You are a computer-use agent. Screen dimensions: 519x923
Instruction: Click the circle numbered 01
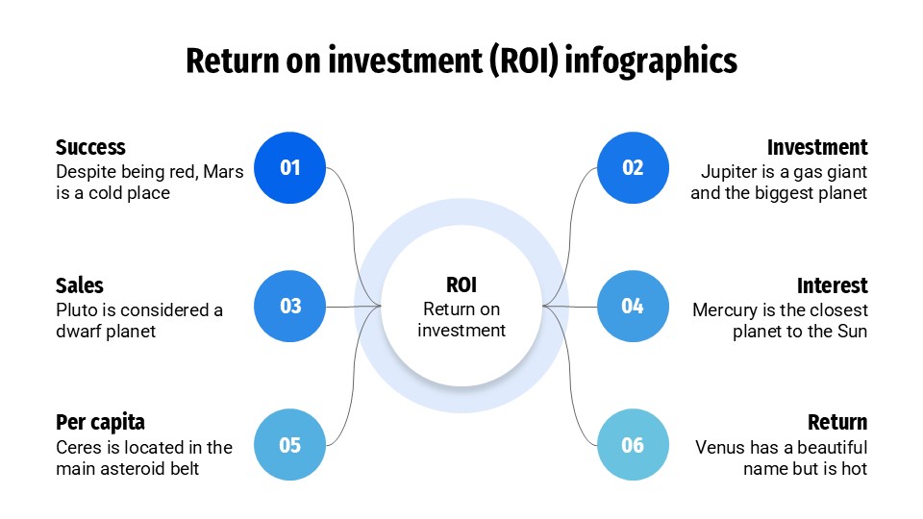pos(290,168)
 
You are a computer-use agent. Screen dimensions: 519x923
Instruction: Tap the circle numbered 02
pos(633,168)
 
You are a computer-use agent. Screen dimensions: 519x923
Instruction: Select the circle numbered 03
pos(290,307)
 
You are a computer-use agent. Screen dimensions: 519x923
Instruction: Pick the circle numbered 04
pos(633,307)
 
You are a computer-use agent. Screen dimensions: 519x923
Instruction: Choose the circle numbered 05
pos(290,445)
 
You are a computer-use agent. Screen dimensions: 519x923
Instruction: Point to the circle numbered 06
pos(633,445)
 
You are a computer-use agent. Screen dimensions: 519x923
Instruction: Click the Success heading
pos(90,147)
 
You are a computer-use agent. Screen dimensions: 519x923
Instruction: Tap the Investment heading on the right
pos(817,147)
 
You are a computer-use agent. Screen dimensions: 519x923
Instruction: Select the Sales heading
pos(79,285)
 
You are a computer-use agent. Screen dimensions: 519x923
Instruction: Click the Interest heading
pos(832,285)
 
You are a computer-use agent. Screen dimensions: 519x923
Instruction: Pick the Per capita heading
pos(100,423)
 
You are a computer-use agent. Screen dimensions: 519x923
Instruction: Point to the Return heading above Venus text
pos(836,423)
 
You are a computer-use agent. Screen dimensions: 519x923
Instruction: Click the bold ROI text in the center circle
pos(461,285)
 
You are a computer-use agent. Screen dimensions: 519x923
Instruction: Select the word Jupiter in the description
pos(729,172)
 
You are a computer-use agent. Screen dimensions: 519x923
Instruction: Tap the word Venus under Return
pos(719,448)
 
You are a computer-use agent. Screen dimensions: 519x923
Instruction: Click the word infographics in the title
pos(652,61)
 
